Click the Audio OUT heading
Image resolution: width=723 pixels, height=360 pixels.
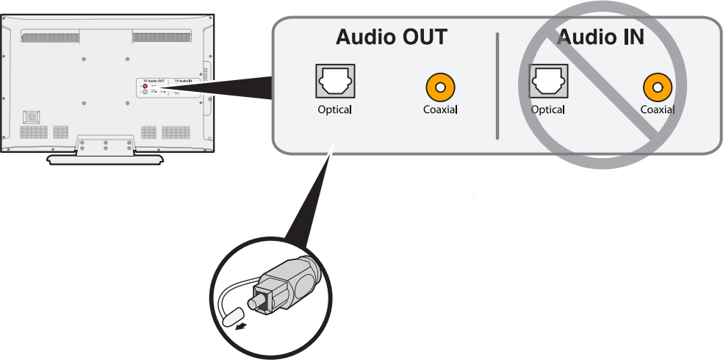point(391,37)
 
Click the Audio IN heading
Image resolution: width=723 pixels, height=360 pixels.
point(600,37)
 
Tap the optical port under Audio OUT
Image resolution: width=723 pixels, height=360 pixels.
point(334,82)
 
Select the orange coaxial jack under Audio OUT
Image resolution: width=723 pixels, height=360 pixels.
point(439,88)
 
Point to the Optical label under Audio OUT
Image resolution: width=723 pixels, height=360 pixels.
point(334,110)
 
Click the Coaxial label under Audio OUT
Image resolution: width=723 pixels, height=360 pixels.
point(440,110)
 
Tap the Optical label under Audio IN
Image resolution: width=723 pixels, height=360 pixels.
point(547,110)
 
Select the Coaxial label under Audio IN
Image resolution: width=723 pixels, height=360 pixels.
point(657,110)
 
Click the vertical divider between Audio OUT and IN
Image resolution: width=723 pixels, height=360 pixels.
point(497,84)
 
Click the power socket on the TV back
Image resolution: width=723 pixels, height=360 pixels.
point(31,117)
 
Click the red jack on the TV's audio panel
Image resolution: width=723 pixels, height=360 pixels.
point(145,86)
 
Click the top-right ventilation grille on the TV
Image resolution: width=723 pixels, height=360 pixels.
point(162,36)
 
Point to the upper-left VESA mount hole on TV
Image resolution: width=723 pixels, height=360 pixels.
point(83,58)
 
